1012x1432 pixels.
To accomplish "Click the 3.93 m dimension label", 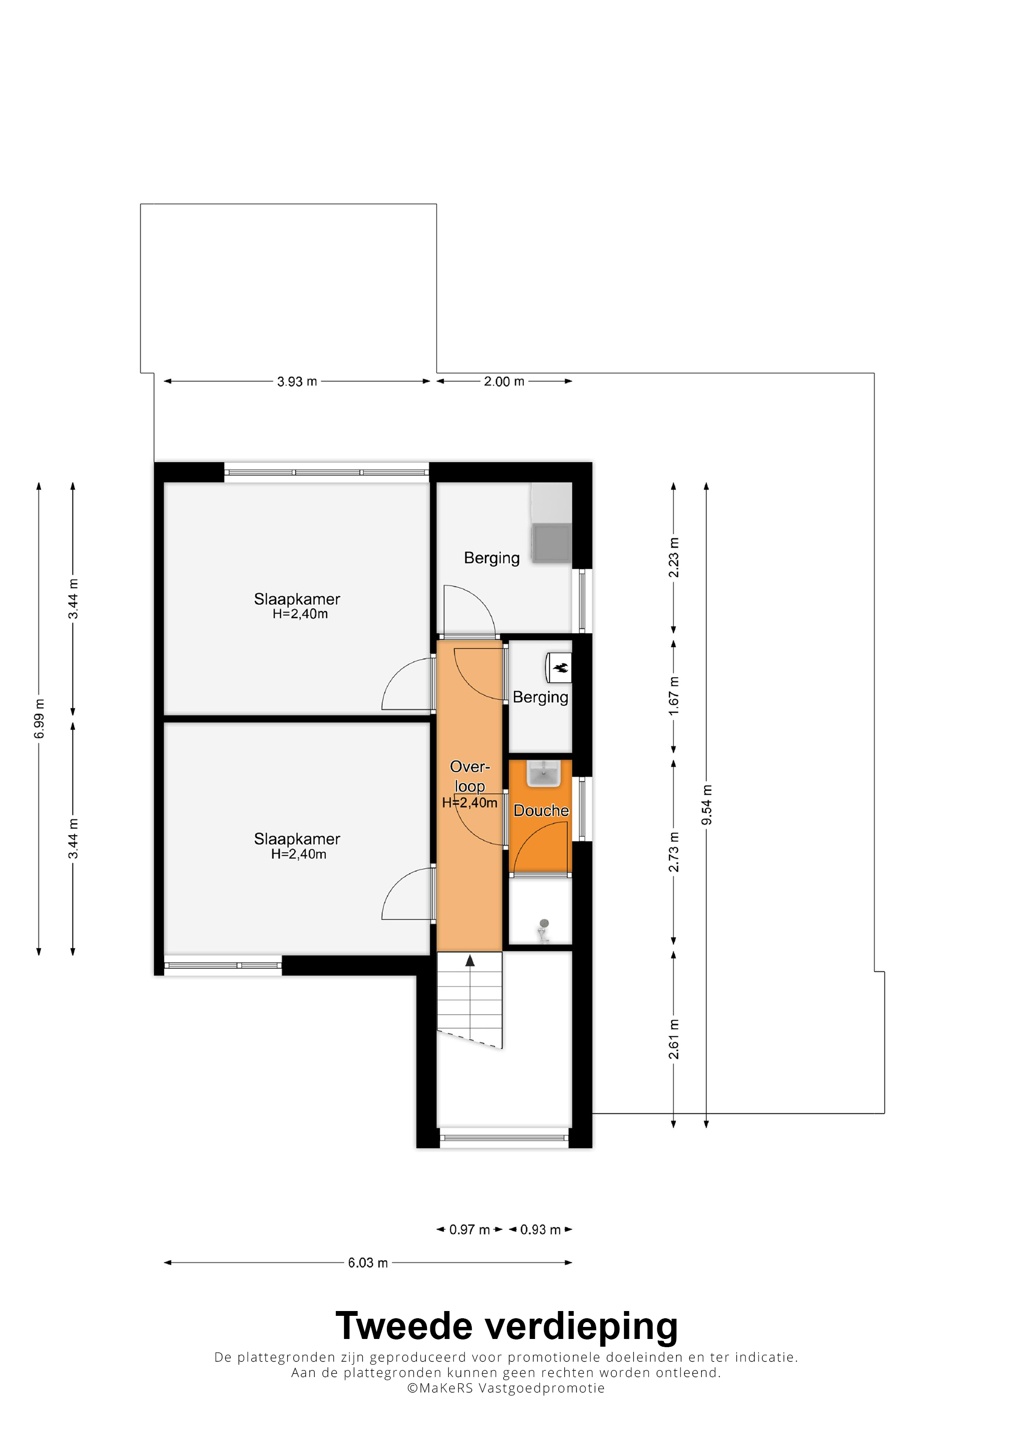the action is click(297, 381).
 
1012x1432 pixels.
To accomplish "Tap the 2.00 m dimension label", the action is click(504, 381).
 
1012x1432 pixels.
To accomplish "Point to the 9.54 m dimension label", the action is click(706, 804).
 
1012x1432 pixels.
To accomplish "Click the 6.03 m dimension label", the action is click(368, 1263).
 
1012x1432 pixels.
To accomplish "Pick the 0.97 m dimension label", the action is click(469, 1230).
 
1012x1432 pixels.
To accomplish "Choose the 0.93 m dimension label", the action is click(540, 1230).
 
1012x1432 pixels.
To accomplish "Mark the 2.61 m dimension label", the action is click(673, 1039).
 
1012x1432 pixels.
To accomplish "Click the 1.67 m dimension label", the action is click(673, 696).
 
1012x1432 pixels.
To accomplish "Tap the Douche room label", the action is click(541, 810).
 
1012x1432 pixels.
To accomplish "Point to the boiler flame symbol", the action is click(560, 668).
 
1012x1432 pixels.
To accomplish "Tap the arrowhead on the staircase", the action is click(470, 961).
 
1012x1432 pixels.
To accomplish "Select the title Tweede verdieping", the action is click(506, 1328).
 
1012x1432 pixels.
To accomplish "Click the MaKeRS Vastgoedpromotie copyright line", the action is click(506, 1388).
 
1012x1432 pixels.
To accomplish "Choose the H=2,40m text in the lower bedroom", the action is click(299, 854).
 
